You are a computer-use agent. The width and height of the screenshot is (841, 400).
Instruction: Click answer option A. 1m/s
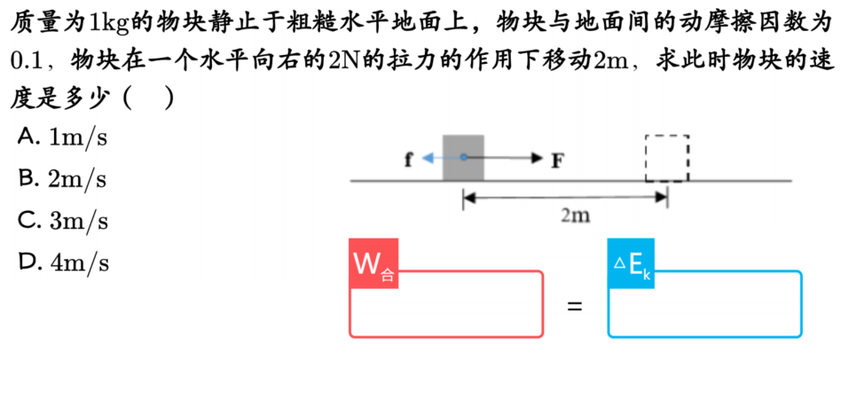point(63,137)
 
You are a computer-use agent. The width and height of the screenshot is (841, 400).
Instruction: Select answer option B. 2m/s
point(63,180)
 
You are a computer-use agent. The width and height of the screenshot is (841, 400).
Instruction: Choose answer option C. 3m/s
point(63,220)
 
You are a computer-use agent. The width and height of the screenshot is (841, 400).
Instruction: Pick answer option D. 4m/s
point(63,263)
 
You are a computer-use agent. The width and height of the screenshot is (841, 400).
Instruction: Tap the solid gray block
point(463,158)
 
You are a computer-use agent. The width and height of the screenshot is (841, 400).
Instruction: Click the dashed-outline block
point(667,158)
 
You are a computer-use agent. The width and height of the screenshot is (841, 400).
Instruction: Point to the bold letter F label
point(558,161)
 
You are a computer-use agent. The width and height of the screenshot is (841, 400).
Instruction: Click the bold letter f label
point(409,160)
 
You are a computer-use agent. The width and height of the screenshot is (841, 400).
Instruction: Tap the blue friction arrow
point(443,157)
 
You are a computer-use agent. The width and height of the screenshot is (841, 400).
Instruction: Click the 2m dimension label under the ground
point(576,216)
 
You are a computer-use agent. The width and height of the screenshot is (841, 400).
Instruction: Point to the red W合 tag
point(373,263)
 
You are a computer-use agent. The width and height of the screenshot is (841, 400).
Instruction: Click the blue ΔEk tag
point(632,263)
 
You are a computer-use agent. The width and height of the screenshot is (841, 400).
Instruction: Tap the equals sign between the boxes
point(575,308)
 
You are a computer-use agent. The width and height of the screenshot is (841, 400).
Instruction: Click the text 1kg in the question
point(110,24)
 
